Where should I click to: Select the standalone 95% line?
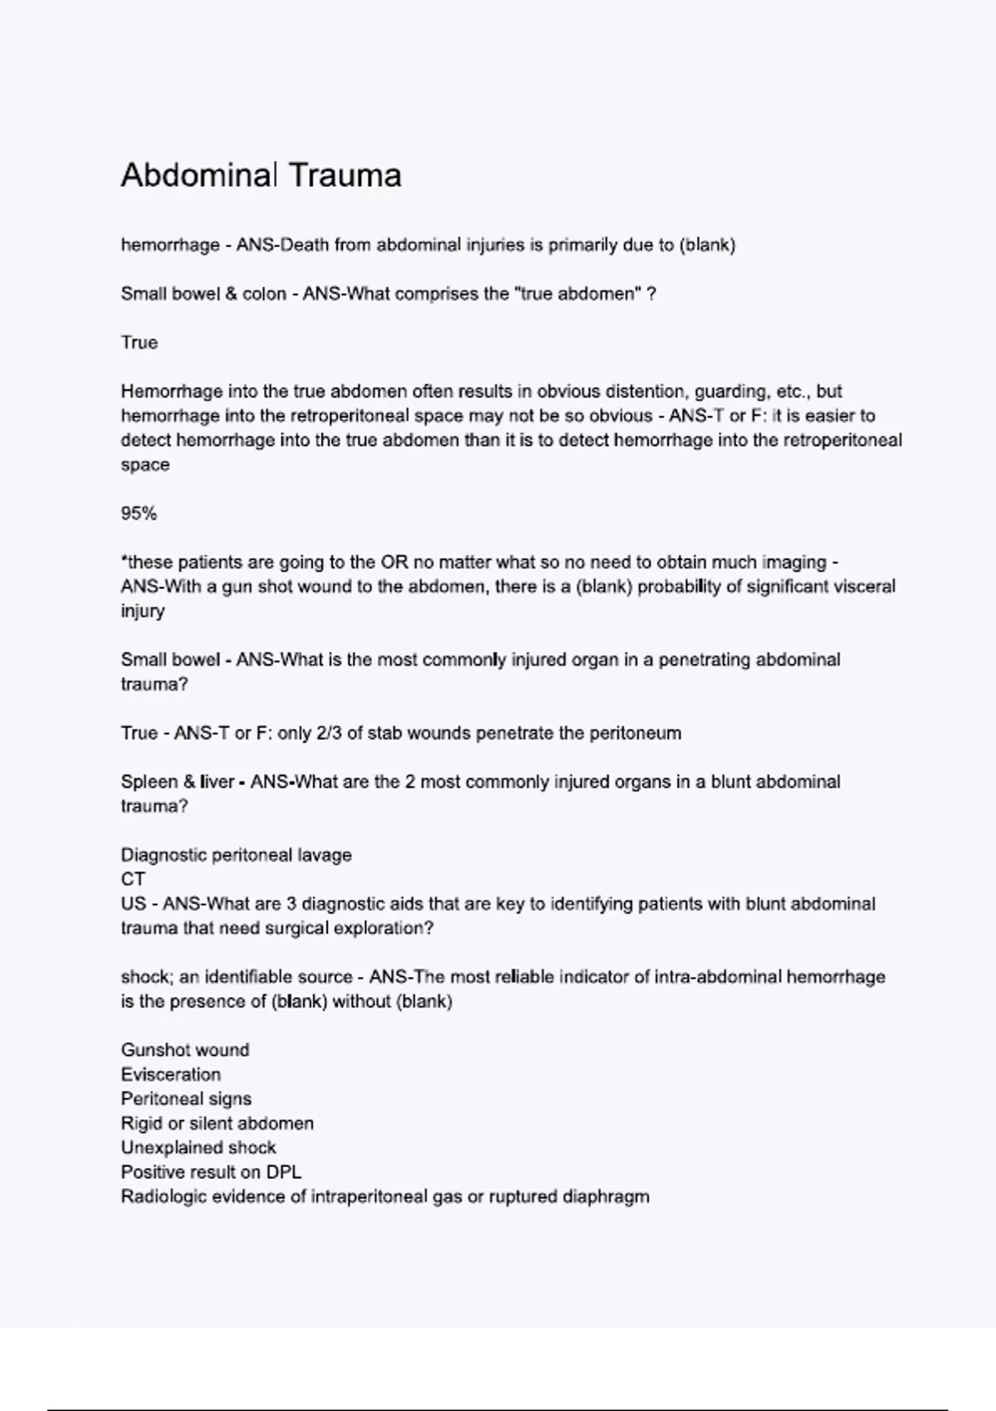tap(139, 514)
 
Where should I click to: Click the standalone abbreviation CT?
tap(133, 880)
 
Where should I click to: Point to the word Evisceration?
tap(171, 1075)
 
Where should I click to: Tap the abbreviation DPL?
tap(284, 1173)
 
